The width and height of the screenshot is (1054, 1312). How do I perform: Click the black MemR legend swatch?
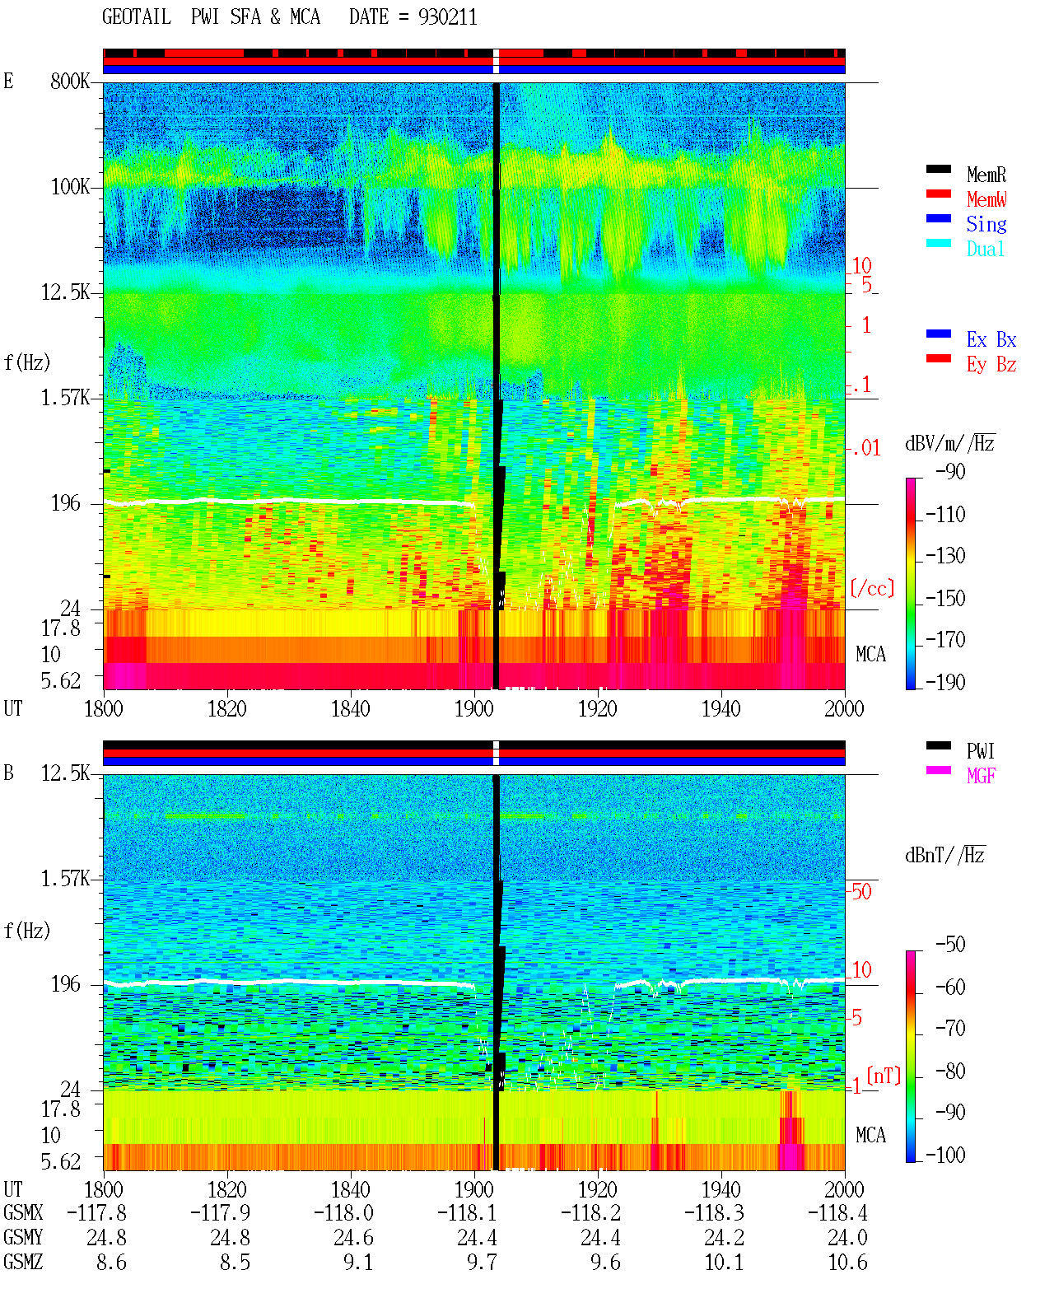coord(938,169)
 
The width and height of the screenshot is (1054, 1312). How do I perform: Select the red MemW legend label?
coord(986,199)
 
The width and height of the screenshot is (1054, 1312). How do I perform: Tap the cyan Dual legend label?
coord(985,249)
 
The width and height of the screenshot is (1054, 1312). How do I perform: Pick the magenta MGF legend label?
coord(981,776)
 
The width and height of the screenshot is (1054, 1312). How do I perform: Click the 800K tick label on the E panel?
coord(69,81)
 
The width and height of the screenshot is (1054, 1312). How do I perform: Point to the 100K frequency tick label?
coord(70,187)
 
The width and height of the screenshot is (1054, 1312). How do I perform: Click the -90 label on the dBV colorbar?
coord(950,472)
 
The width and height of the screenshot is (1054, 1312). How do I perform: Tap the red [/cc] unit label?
coord(872,588)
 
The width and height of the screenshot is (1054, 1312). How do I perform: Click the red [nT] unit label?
coord(884,1076)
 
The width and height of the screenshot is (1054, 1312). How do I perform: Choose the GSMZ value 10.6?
coord(847,1263)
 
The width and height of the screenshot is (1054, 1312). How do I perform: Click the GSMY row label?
coord(23,1238)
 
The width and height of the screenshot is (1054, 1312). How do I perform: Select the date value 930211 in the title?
coord(447,17)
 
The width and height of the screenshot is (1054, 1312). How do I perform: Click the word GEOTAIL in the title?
coord(137,17)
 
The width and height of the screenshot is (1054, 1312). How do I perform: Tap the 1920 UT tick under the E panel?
coord(598,709)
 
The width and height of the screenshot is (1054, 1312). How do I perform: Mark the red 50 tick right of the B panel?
coord(861,892)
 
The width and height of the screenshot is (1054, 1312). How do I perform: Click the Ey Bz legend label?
coord(991,365)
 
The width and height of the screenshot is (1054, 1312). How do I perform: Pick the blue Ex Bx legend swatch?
coord(938,334)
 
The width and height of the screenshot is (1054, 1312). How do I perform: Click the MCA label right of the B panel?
coord(870,1135)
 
